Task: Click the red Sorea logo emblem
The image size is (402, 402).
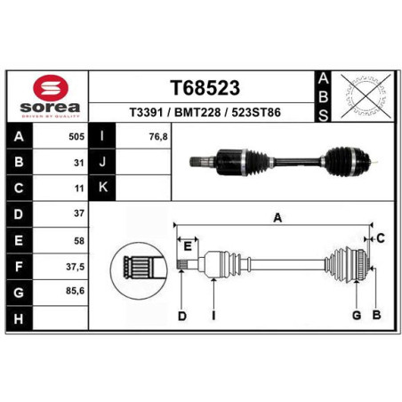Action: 51,88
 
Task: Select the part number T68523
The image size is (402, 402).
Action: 205,88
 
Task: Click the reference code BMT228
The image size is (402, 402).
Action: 197,113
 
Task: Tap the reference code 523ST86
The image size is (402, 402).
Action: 256,113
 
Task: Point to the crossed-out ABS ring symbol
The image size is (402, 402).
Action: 366,96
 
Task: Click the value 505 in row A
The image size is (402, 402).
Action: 76,137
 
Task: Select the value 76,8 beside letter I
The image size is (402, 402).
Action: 158,137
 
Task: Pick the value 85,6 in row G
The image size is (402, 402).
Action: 76,291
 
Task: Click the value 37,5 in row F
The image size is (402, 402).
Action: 76,267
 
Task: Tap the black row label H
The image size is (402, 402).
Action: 19,319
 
